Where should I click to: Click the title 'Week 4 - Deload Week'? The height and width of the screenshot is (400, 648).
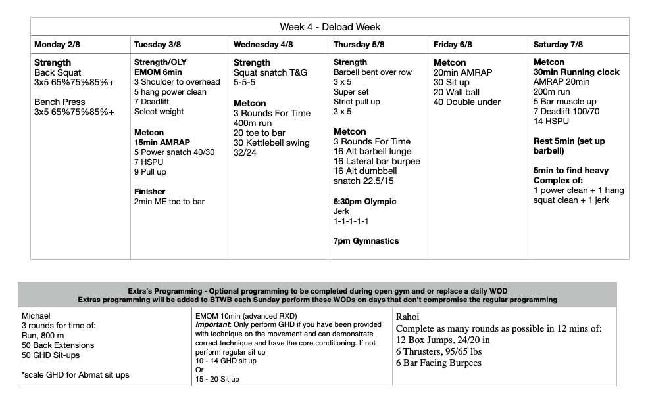pos(330,27)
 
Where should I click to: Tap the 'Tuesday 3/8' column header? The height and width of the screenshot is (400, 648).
pos(157,45)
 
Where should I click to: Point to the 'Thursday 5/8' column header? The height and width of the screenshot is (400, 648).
pos(359,45)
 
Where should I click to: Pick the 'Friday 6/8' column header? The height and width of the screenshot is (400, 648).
pos(455,45)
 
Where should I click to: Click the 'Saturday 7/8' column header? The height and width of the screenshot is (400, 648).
pos(558,45)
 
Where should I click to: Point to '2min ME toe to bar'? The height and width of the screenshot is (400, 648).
pos(169,202)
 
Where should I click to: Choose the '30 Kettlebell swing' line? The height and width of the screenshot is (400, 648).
pos(272,143)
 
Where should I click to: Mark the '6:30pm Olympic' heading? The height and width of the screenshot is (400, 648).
pos(365,202)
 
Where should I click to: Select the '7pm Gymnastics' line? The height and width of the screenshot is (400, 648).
pos(366,241)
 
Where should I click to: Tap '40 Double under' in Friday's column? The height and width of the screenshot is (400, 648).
pos(467,102)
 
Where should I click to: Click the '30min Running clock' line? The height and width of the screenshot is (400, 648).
pos(576,72)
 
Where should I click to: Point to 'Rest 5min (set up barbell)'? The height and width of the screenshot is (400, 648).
pos(569,146)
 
